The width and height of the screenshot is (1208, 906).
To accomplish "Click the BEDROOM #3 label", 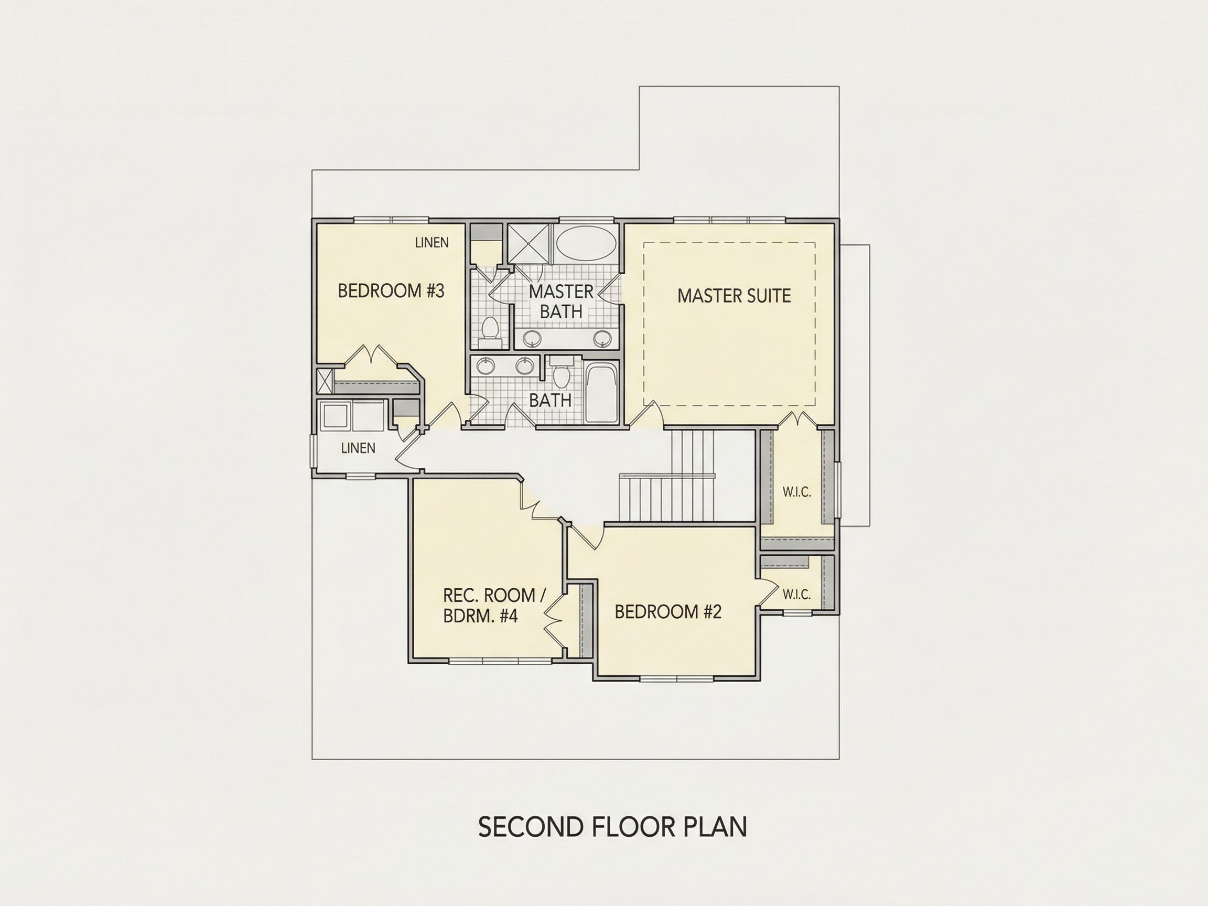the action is [x=391, y=290].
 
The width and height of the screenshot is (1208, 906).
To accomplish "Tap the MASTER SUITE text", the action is [x=734, y=296].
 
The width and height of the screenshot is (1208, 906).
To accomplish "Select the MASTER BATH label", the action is [x=561, y=301].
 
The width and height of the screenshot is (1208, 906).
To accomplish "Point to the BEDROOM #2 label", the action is [x=668, y=612].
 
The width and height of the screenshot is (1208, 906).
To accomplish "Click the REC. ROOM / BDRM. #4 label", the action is [x=494, y=605].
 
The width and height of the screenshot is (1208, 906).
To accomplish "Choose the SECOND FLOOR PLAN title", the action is [x=613, y=827].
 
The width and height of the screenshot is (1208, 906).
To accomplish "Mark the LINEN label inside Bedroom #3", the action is [x=432, y=242].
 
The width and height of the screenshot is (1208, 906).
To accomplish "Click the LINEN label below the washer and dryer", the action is [x=358, y=448].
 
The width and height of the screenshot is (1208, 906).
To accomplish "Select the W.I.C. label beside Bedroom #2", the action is [x=797, y=595].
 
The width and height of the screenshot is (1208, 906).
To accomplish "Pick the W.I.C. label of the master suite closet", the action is [x=797, y=492].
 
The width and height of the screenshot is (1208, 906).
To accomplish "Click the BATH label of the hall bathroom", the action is [x=551, y=400].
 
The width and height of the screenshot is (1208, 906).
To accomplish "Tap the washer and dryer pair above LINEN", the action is [x=353, y=417].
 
